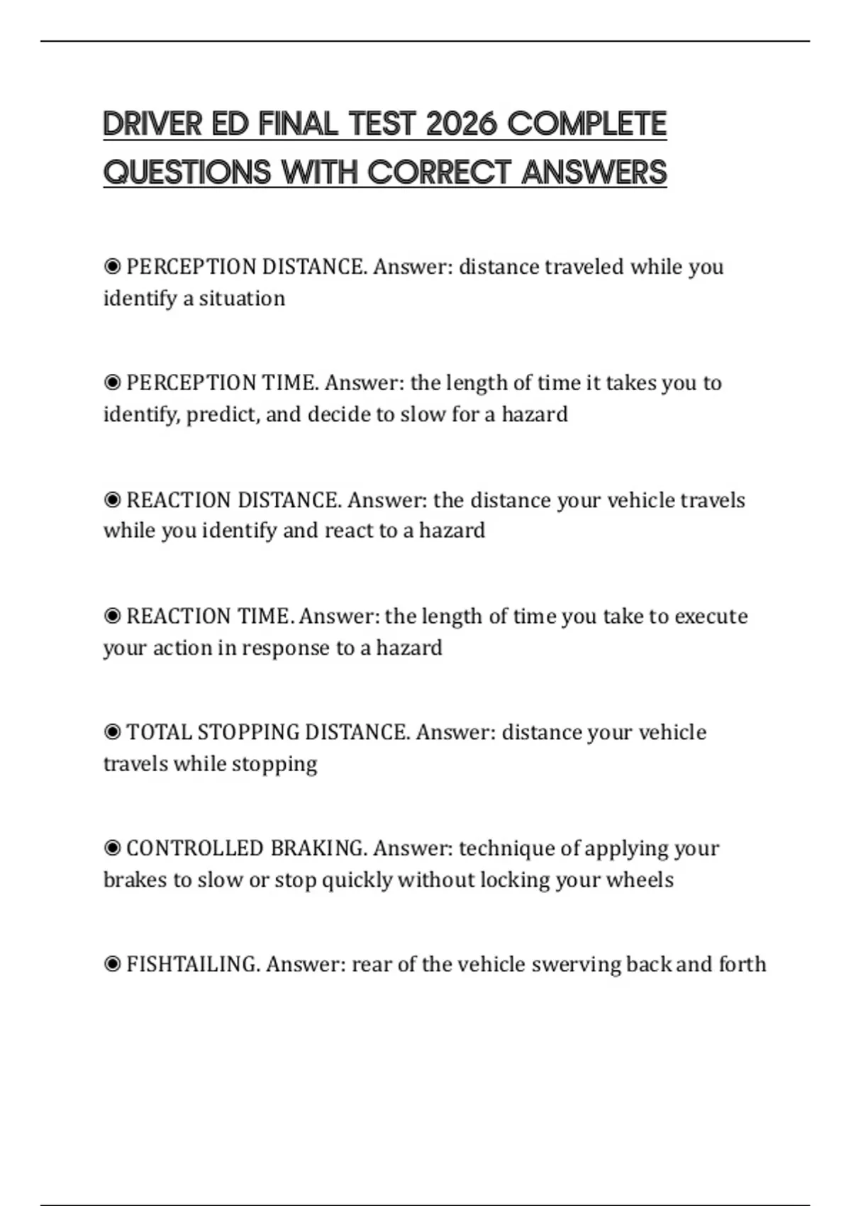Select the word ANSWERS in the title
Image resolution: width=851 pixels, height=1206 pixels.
coord(594,172)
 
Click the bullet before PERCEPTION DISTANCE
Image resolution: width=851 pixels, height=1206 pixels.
coord(112,267)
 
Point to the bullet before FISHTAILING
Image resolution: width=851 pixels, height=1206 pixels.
coord(112,964)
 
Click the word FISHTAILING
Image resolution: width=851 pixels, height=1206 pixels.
coord(193,964)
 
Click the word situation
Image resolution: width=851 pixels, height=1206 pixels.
coord(242,299)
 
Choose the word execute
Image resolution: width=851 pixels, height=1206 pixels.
coord(711,616)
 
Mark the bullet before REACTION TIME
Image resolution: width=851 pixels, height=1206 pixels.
coord(112,616)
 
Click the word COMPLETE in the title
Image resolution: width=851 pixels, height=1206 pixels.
coord(587,124)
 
